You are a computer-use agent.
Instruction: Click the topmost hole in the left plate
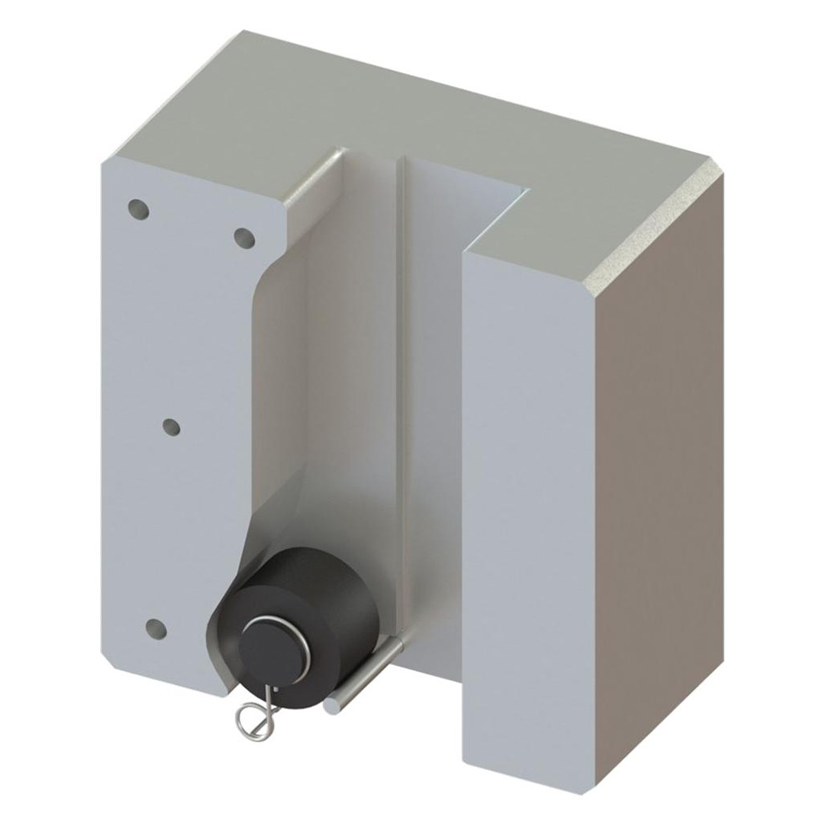pos(139,208)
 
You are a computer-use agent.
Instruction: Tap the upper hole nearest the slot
pos(244,239)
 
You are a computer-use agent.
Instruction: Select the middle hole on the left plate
pos(171,427)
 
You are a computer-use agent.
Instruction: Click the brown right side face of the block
pos(659,467)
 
